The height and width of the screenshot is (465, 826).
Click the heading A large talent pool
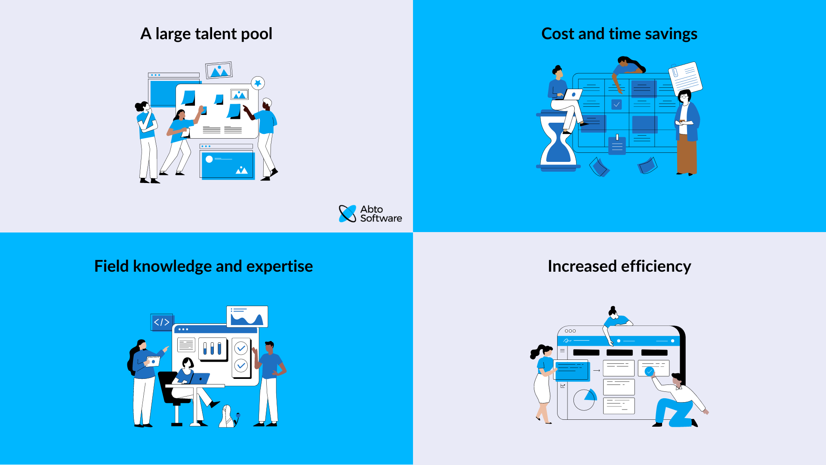[x=206, y=34]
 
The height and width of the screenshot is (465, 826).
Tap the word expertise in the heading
[x=279, y=266]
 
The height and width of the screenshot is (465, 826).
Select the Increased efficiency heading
[x=619, y=266]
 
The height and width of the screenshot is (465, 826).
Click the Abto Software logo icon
[x=348, y=214]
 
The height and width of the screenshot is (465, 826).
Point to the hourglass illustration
[x=558, y=142]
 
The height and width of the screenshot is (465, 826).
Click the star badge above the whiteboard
[x=258, y=83]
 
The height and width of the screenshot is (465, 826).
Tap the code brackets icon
[x=162, y=322]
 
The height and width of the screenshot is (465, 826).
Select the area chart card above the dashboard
[x=247, y=317]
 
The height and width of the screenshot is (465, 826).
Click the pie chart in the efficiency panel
[x=585, y=400]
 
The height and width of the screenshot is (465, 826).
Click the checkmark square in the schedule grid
[x=616, y=104]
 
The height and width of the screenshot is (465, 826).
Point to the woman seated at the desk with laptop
[x=188, y=375]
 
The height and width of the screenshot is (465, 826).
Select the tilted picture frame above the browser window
[x=219, y=70]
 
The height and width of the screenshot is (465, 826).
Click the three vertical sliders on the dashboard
[x=213, y=348]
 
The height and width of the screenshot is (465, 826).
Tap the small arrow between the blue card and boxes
[x=597, y=370]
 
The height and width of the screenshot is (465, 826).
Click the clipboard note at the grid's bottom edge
[x=617, y=145]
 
